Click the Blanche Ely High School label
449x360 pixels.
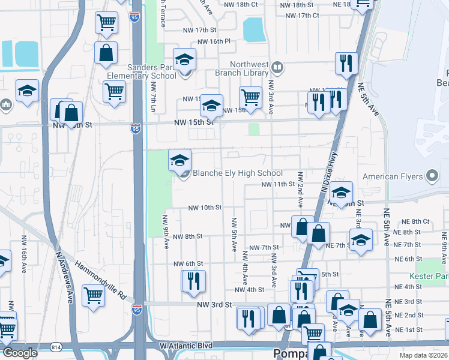pos(237,173)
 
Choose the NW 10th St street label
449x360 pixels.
pos(205,208)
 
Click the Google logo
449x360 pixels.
pos(20,353)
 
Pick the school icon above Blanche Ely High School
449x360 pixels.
pos(179,160)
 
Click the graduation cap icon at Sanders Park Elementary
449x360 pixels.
pos(184,59)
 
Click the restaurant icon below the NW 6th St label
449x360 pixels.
pos(193,282)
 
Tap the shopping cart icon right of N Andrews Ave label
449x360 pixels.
pos(94,296)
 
